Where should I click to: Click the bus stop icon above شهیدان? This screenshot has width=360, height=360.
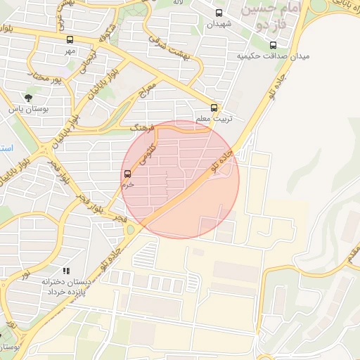coord(219,13)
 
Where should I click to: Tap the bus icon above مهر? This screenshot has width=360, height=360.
coord(70,40)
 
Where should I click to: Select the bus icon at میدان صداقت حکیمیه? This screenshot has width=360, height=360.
coord(274,45)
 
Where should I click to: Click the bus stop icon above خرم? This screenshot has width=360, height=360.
coord(127,174)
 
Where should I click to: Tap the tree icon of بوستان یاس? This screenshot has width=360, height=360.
coord(28,98)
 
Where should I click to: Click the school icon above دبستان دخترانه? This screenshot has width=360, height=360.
coord(66,270)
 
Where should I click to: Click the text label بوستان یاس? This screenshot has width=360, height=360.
coord(27,110)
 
